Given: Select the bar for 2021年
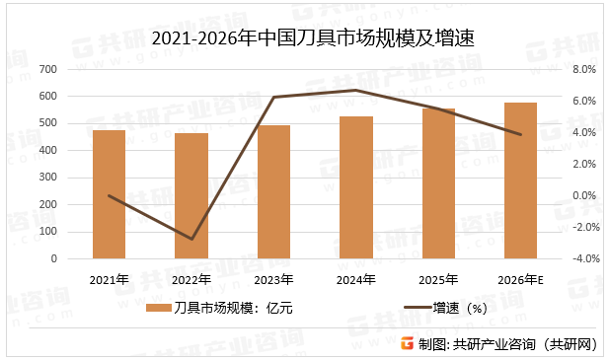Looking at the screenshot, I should [x=110, y=194].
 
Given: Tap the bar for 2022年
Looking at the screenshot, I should [x=191, y=196].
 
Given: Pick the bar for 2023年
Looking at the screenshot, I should [x=273, y=192].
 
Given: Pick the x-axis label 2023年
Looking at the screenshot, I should [x=273, y=279].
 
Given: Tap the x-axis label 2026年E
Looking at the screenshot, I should [x=521, y=279].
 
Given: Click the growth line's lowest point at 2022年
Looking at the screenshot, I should [x=191, y=239].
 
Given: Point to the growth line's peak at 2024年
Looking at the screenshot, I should [x=356, y=91].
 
